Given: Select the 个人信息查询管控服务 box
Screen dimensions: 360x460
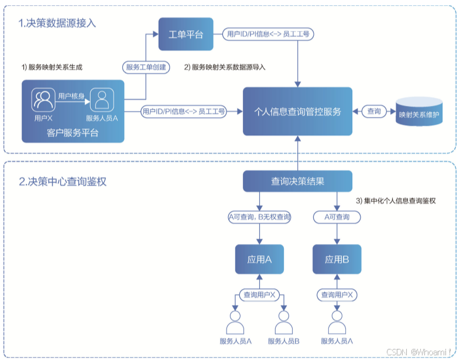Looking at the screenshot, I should coord(297,111).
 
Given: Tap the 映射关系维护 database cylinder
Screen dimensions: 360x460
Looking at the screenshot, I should coord(420,111).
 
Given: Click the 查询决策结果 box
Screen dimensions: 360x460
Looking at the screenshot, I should coord(297,181).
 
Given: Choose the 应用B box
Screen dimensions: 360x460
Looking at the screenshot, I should coord(337,259).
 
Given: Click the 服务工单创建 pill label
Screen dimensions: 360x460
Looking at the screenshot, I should coord(146,67).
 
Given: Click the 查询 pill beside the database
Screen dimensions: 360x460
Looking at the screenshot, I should coord(374,111).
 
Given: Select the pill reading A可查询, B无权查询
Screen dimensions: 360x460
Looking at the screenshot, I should coord(259,217).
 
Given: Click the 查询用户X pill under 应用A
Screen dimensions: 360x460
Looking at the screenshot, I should coord(259,294).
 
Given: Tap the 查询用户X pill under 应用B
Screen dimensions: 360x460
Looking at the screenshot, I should coord(337,294).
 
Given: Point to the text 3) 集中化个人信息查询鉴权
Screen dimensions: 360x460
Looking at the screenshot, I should coord(397,201).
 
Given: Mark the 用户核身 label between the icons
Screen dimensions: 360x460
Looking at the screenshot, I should coord(71,95).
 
